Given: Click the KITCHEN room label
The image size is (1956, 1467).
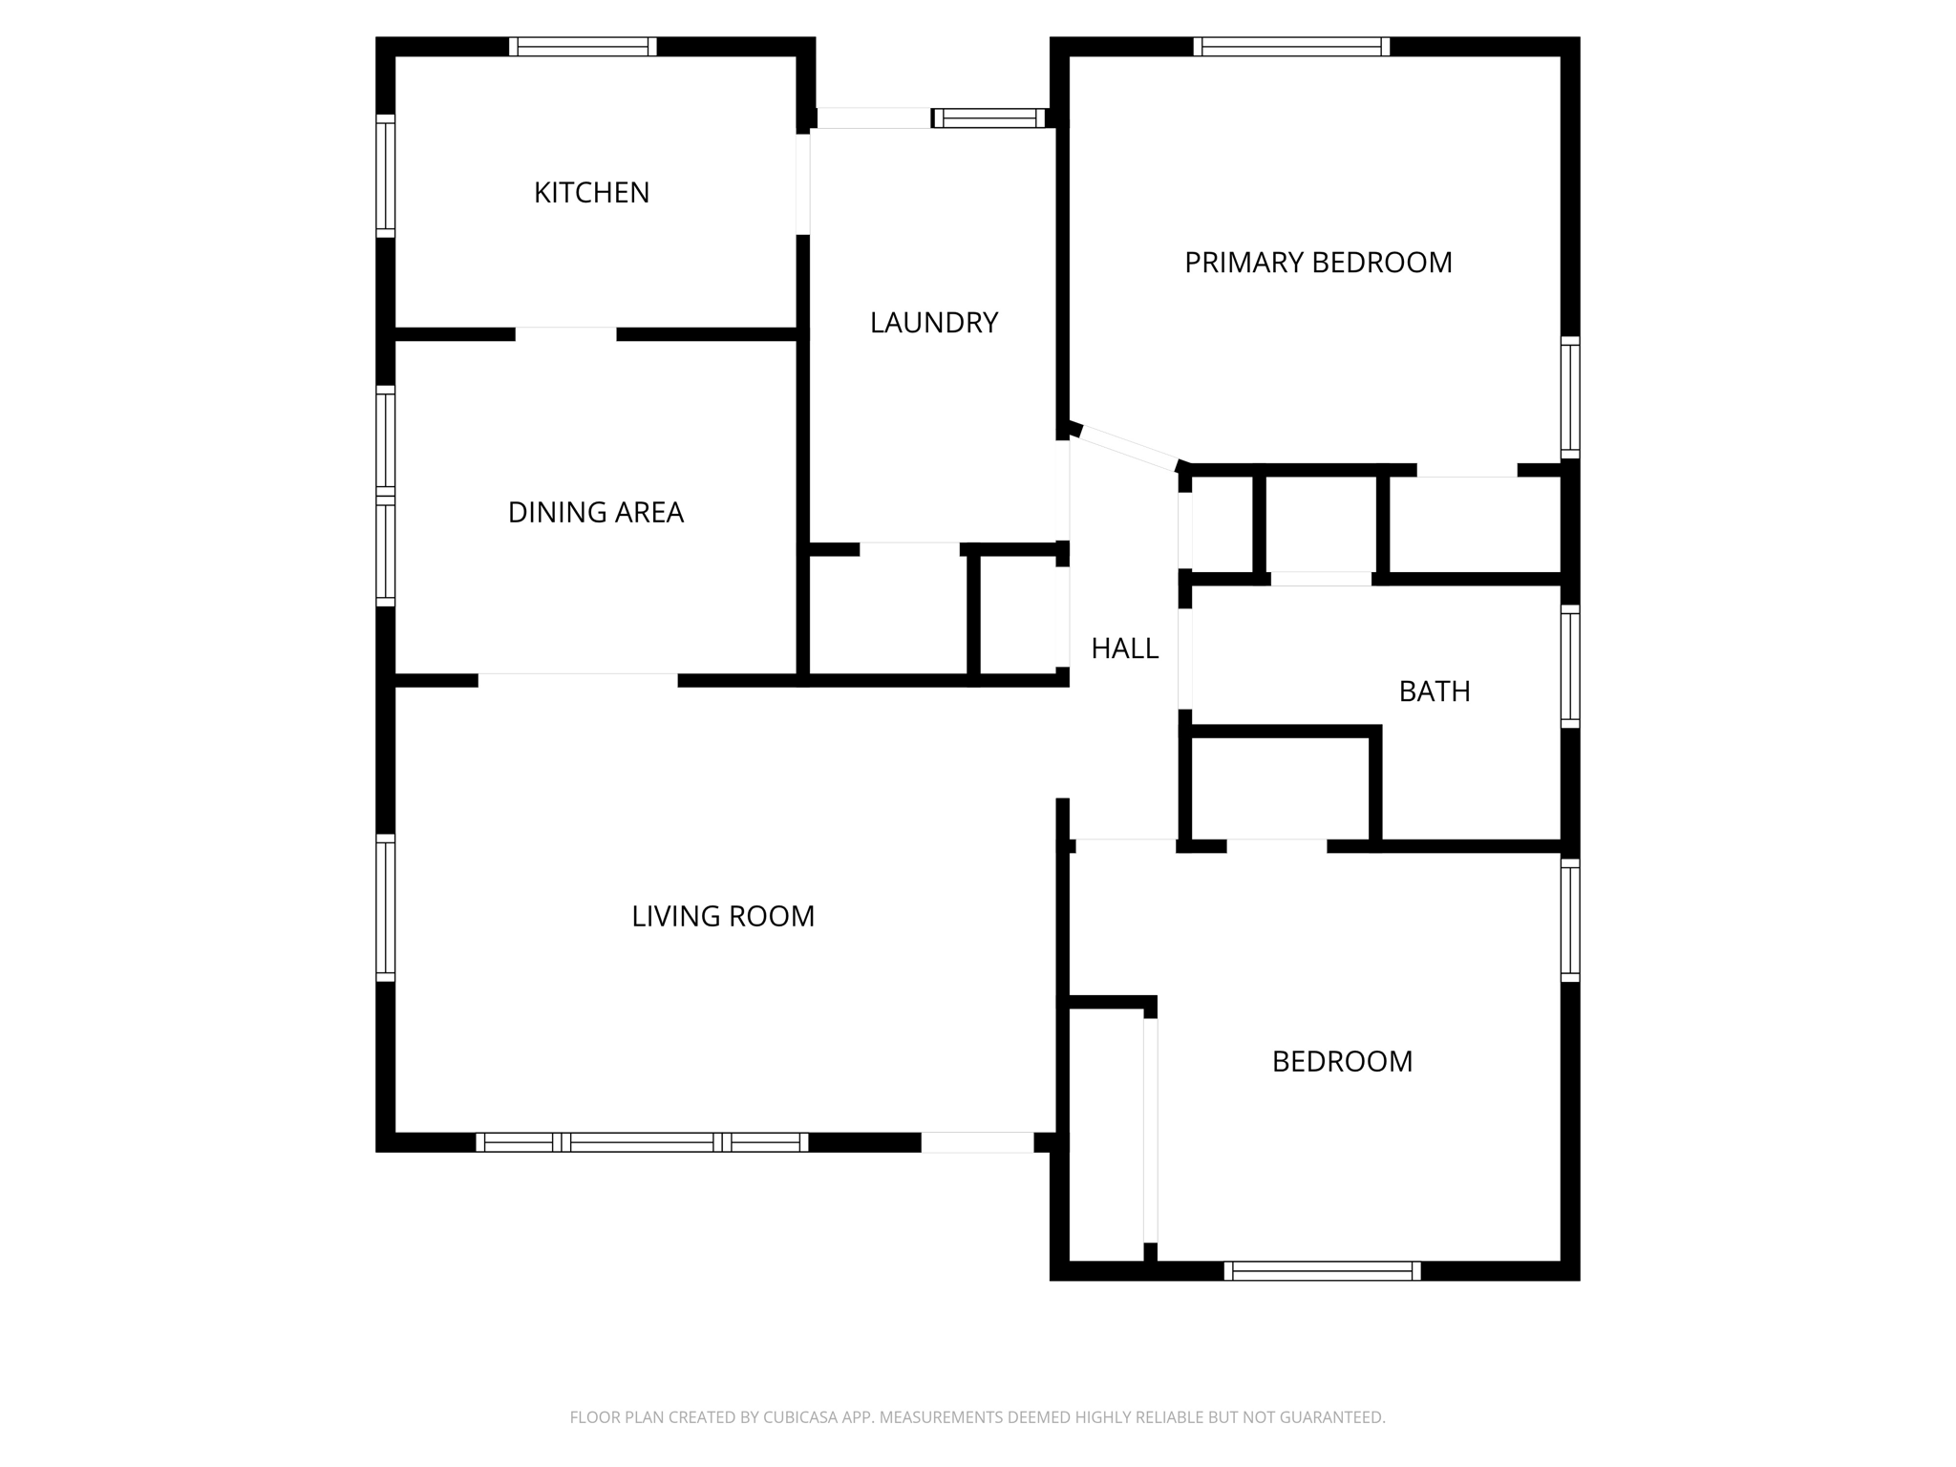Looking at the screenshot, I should point(591,193).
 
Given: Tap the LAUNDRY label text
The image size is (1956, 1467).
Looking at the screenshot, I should point(933,323).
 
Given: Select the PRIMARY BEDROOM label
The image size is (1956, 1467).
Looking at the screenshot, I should point(1318,263).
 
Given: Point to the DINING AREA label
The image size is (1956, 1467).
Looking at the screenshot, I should point(595,513).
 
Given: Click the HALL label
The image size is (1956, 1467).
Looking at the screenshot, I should point(1124,649).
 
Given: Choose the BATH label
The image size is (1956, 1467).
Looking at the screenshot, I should point(1434,691).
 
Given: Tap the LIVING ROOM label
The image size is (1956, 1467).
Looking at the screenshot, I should point(723,917).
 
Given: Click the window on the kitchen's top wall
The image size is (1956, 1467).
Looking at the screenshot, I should point(583,47).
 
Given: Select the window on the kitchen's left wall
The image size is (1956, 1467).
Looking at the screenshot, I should point(385,176).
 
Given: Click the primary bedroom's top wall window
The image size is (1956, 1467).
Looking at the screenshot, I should point(1291,47).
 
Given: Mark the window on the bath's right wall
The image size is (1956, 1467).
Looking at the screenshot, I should point(1569,666).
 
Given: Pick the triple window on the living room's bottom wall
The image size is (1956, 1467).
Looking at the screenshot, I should point(642,1141).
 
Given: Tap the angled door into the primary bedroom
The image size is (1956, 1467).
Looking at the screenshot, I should point(1127,448).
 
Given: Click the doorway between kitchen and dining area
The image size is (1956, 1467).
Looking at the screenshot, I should point(565,334).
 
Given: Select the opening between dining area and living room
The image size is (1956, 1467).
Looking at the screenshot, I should point(578,680).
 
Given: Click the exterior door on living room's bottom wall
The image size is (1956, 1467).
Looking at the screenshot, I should point(977,1141).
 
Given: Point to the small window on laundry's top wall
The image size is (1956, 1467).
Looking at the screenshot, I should point(989,118).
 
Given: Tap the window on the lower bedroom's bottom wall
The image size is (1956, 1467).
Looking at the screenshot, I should point(1322,1270).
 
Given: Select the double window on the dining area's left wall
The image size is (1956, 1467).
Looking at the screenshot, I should point(385,496).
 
